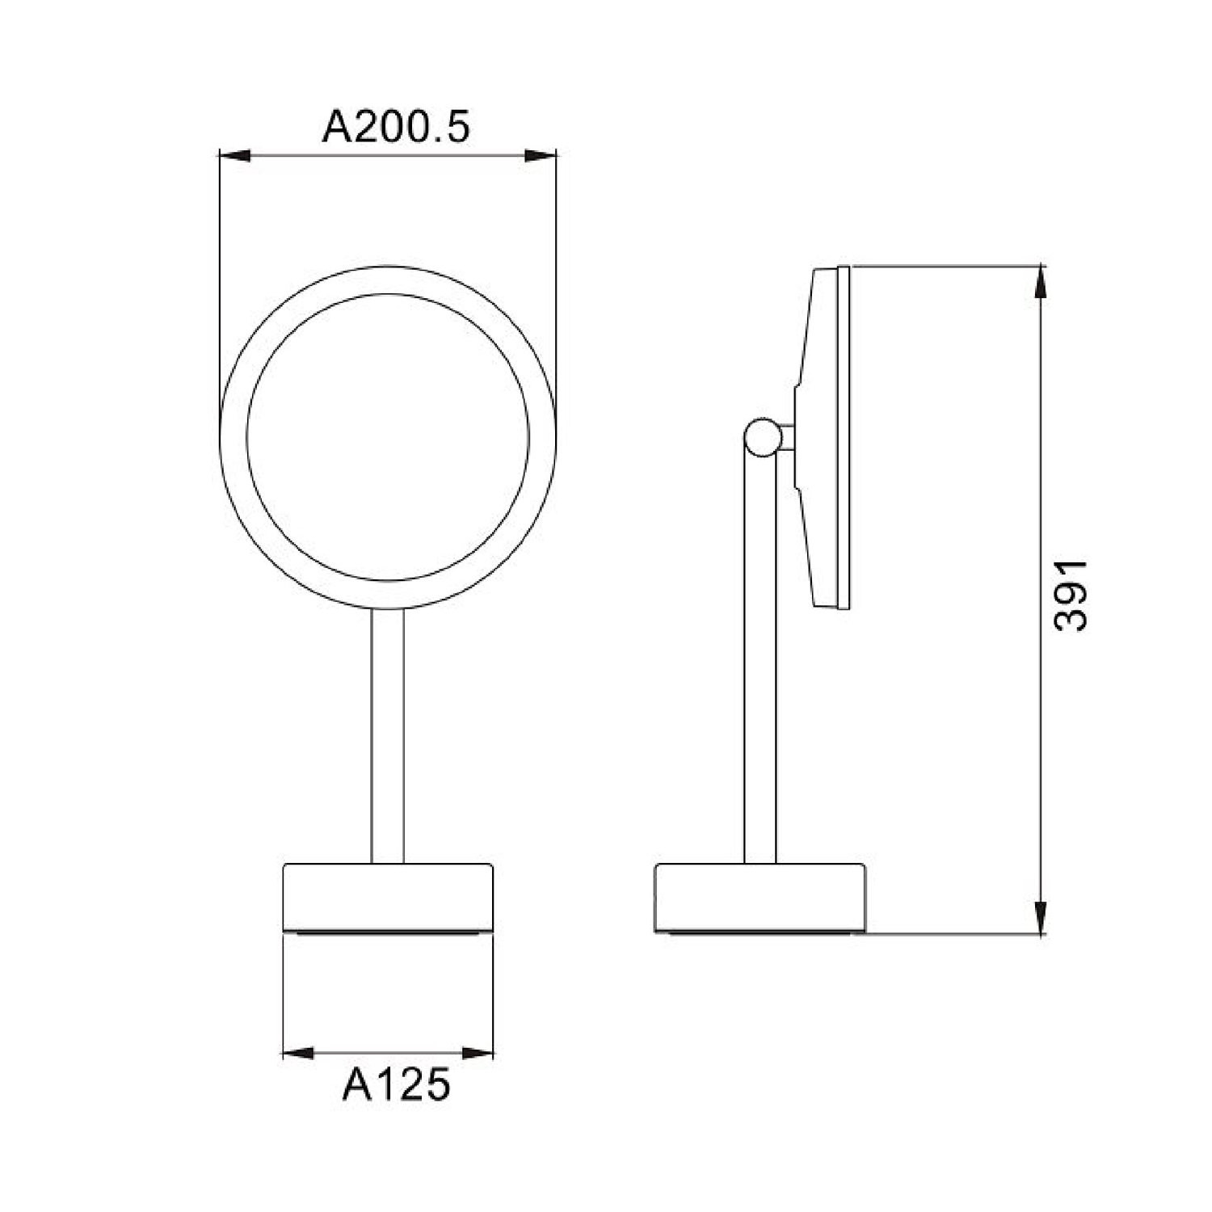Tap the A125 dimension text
[395, 1084]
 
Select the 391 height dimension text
[1071, 595]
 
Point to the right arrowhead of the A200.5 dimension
[541, 156]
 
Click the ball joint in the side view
[763, 437]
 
